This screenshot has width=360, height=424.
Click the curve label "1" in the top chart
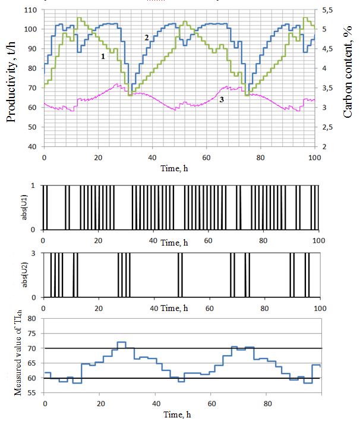click(103, 56)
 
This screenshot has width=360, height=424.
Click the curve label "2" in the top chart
click(146, 37)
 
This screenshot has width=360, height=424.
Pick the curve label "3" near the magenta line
click(221, 100)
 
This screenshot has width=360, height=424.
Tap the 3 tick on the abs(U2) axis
click(37, 253)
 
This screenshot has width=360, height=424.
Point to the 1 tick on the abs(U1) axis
click(37, 186)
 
